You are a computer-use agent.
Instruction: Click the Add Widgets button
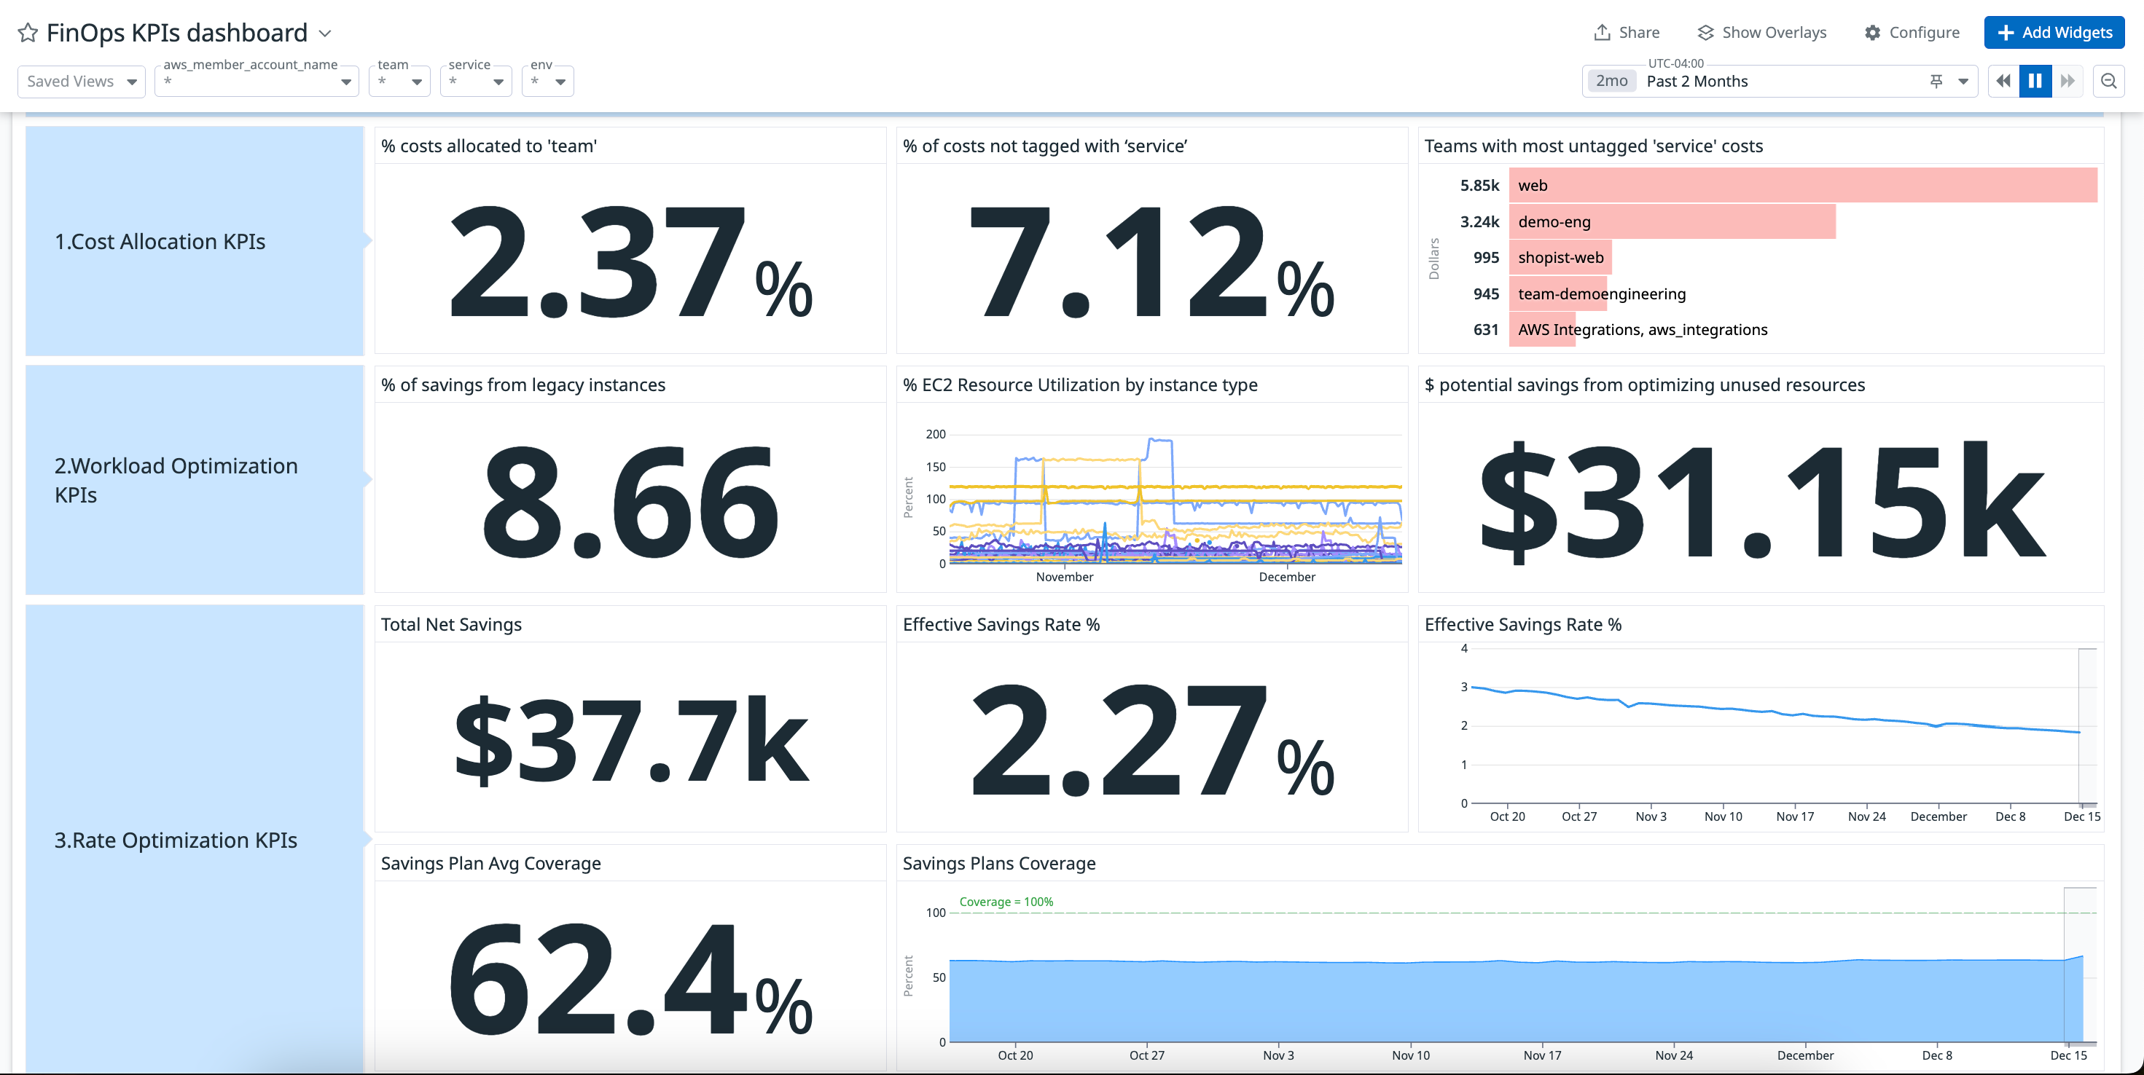[x=2054, y=33]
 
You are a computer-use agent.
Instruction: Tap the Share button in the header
[x=1627, y=33]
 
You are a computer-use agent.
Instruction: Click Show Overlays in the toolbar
[x=1761, y=33]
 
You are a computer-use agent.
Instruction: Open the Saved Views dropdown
[x=81, y=82]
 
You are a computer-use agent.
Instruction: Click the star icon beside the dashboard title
[x=28, y=33]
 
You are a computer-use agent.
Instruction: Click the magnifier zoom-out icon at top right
[x=2108, y=81]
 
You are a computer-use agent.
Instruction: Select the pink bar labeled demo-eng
[x=1671, y=221]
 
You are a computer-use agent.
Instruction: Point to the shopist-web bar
[x=1560, y=257]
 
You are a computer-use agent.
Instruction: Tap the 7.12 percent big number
[x=1151, y=262]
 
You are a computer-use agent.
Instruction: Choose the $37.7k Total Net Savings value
[x=630, y=741]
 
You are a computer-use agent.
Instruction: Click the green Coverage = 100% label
[x=1006, y=902]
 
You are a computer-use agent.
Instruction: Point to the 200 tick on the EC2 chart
[x=936, y=434]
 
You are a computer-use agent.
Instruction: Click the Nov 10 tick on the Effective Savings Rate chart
[x=1723, y=816]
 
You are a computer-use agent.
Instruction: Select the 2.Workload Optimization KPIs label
[x=176, y=480]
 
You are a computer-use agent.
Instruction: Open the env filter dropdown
[x=547, y=82]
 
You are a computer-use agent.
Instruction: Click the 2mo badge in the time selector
[x=1611, y=81]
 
